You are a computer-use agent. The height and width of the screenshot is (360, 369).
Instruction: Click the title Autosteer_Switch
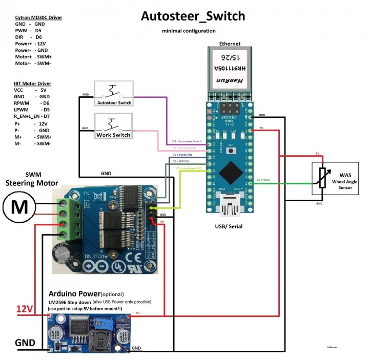(x=193, y=16)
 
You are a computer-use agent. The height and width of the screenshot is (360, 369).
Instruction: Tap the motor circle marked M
(x=19, y=207)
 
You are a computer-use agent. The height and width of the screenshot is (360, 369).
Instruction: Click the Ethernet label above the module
(x=229, y=44)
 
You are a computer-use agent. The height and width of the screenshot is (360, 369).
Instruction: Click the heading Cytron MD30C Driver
(x=39, y=17)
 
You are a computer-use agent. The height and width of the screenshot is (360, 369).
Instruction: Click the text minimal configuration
(x=189, y=31)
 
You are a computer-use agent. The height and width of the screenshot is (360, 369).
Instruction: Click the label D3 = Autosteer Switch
(x=187, y=141)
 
